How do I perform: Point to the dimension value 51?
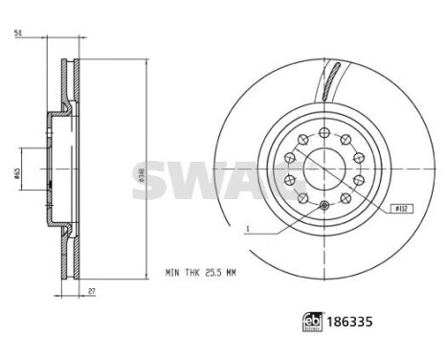(19, 34)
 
